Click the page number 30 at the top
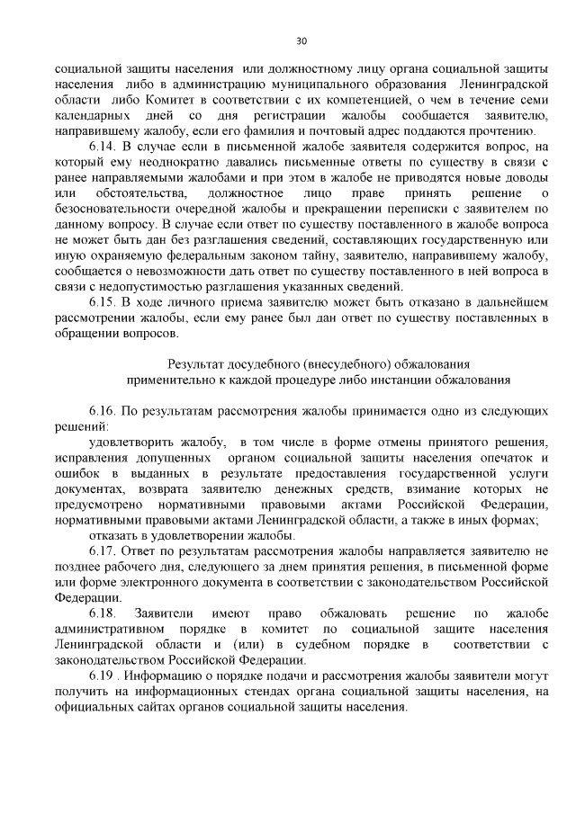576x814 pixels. pos(301,40)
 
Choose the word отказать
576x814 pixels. pos(115,535)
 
